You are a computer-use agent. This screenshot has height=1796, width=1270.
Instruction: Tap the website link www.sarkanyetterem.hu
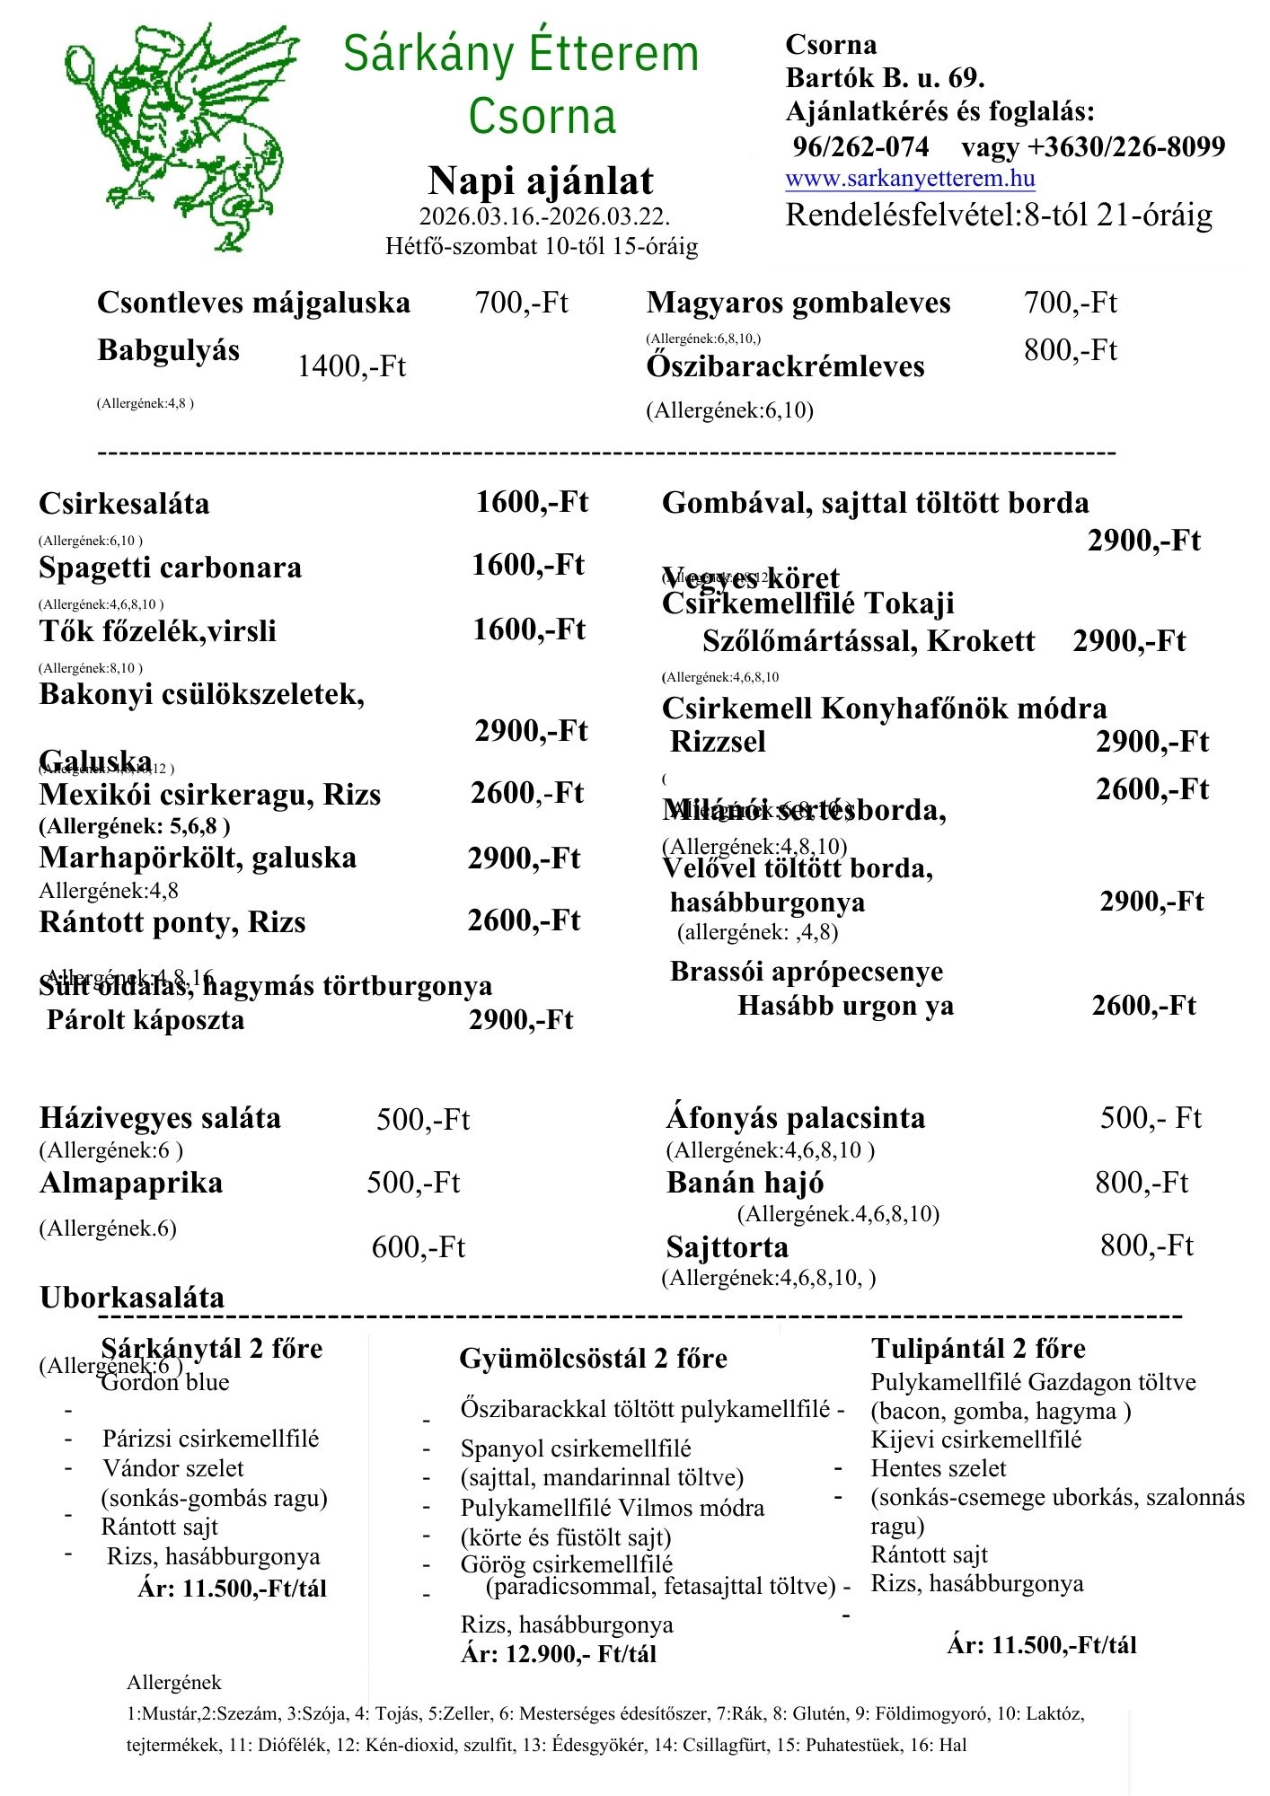(x=910, y=178)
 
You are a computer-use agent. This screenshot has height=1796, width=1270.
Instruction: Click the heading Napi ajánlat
(x=541, y=180)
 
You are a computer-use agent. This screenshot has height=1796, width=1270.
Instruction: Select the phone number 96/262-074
(x=860, y=146)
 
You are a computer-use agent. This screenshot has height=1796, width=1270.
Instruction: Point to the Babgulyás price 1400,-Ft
(x=351, y=366)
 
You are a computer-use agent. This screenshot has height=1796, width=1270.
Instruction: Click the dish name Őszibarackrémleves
(x=785, y=366)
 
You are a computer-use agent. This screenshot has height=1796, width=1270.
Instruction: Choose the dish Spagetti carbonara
(x=170, y=568)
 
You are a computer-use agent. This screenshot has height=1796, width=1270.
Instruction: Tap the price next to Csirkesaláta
(x=532, y=502)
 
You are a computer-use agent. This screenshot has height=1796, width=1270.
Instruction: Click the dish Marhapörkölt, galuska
(x=198, y=858)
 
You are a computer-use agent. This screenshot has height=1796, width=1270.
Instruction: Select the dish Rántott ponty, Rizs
(x=172, y=922)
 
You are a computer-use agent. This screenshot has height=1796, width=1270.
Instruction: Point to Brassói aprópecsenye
(x=807, y=972)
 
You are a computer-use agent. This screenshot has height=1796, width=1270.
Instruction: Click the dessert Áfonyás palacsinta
(x=795, y=1118)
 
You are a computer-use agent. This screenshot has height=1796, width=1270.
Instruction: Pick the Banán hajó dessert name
(x=745, y=1183)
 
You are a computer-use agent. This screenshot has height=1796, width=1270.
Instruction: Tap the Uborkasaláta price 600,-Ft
(x=419, y=1247)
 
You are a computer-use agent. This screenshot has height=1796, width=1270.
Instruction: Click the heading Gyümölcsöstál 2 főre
(x=593, y=1358)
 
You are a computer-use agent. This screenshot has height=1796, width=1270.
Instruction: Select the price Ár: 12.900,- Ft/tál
(x=559, y=1653)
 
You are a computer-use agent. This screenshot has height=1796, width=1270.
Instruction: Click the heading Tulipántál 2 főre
(x=978, y=1348)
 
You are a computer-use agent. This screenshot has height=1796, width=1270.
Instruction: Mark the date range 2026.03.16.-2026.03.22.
(x=544, y=217)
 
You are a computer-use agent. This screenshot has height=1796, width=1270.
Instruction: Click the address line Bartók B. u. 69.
(x=885, y=78)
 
